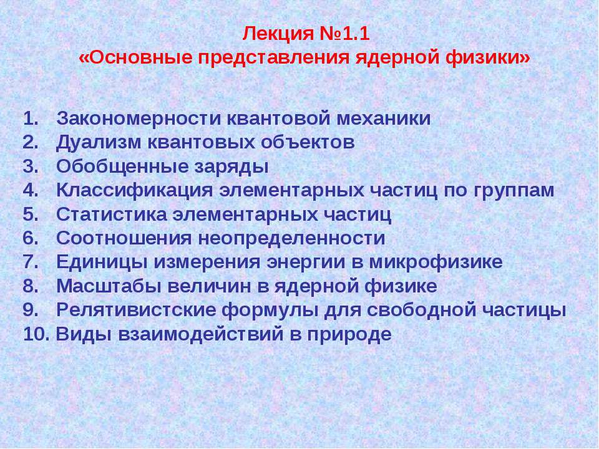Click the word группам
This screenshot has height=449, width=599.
tap(511, 190)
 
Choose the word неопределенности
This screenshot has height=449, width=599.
tap(291, 238)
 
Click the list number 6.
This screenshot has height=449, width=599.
tap(31, 238)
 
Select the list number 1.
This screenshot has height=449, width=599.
tap(31, 118)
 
